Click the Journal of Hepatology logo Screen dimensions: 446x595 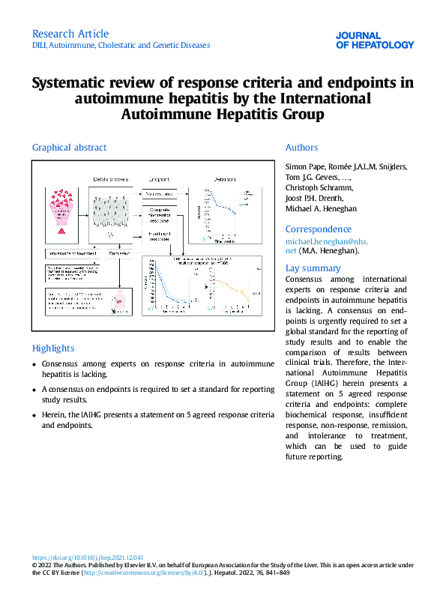click(374, 40)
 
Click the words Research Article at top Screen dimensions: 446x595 click(70, 34)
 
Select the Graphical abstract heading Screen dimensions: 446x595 click(69, 148)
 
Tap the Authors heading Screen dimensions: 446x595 click(301, 148)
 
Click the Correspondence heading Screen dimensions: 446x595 click(319, 229)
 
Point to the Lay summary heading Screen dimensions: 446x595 click(313, 268)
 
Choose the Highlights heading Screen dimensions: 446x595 click(53, 348)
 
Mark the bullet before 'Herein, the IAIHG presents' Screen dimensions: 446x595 click(34, 415)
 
